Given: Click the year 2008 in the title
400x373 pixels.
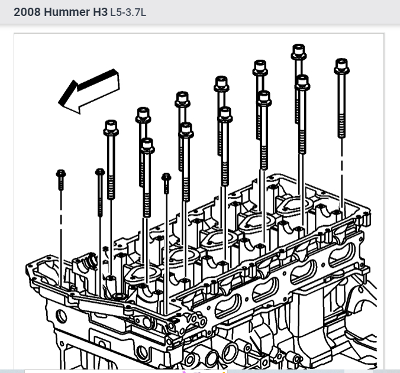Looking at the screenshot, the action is pos(27,12).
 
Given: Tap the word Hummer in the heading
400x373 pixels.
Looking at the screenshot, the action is pos(67,12).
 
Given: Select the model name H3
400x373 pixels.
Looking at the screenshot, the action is pos(100,12).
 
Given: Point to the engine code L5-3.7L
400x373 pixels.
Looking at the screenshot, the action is pos(128,12).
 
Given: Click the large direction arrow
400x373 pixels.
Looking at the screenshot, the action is pos(89,91).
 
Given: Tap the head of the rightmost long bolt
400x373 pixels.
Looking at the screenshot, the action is pos(341,66).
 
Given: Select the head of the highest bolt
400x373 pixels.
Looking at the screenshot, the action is pos(298,51).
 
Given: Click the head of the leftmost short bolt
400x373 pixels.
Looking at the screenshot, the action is pos(61,174).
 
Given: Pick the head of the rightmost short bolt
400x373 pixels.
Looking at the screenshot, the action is pos(166,177).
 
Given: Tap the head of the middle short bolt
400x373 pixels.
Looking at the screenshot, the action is pos(100,172).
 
